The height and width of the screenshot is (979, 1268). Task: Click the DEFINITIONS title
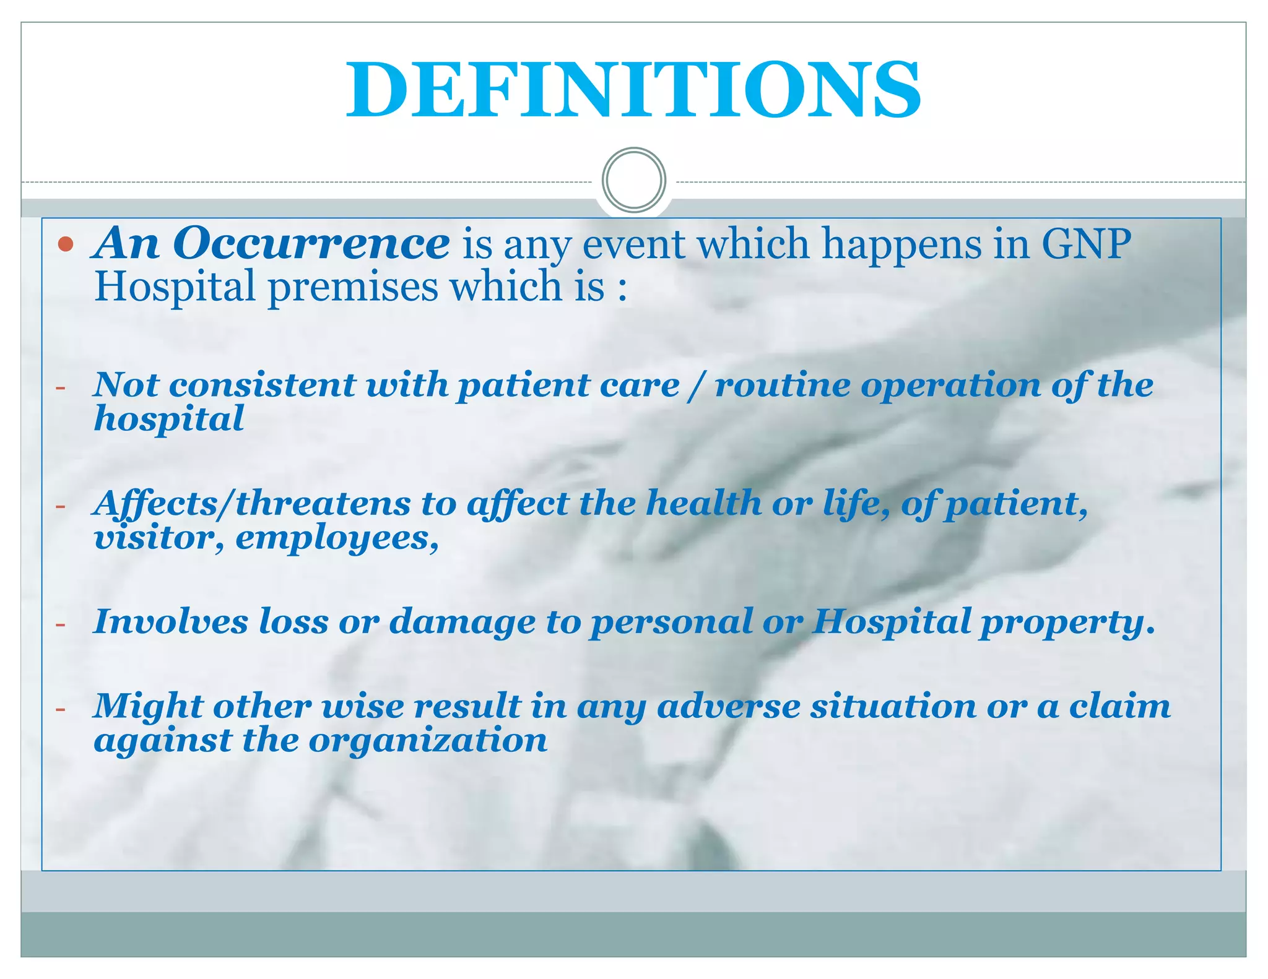pos(633,90)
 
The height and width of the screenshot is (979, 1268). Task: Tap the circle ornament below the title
pos(633,180)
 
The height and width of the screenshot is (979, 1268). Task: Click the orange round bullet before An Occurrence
pos(66,244)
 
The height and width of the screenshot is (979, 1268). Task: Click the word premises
pos(352,287)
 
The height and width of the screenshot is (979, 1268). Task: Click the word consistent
pos(262,385)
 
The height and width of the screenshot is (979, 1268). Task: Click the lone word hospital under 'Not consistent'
pos(168,420)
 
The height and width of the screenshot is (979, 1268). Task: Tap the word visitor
pos(157,537)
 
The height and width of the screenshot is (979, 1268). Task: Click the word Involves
pos(170,621)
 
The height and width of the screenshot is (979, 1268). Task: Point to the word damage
pos(462,623)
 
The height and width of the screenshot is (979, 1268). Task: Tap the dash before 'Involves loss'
pos(60,624)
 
